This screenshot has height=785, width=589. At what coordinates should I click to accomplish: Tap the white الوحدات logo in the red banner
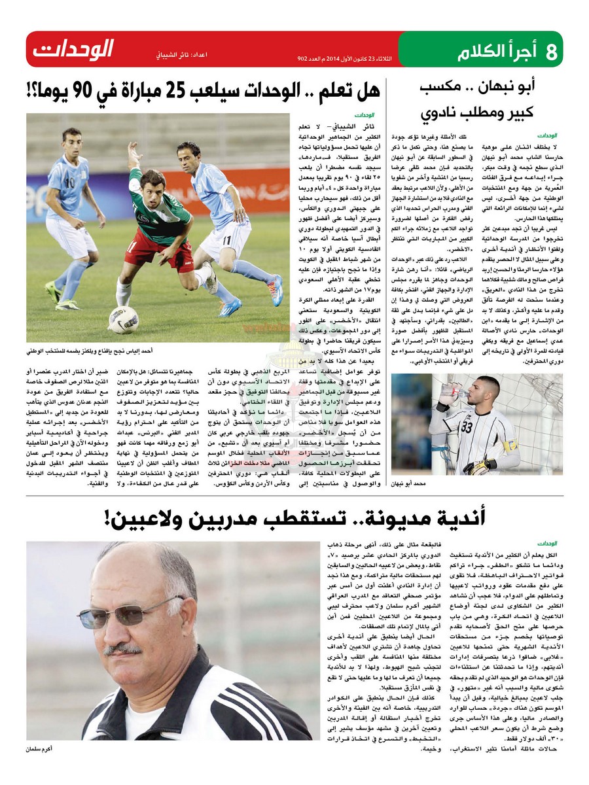pos(74,49)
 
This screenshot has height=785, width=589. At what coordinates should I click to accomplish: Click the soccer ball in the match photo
pos(124,320)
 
